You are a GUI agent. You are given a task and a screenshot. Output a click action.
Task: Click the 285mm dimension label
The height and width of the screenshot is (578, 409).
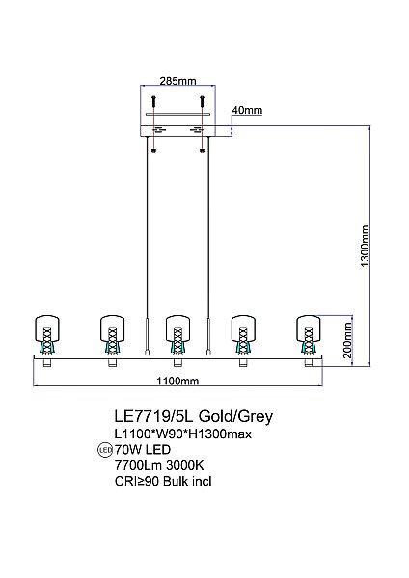pos(177,81)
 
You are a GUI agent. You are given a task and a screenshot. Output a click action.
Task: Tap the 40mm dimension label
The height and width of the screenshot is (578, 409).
pos(247,110)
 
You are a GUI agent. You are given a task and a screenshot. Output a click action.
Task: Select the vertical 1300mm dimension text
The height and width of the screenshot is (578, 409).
pos(365,246)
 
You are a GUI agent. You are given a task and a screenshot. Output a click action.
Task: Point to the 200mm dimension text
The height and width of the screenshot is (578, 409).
pos(347,340)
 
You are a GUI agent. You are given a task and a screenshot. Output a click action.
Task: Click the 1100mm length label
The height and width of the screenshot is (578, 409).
pos(177,381)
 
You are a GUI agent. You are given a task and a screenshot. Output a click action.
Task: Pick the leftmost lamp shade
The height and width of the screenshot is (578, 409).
pos(47,328)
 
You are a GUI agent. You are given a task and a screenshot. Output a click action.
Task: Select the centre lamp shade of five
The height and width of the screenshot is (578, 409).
pos(177,328)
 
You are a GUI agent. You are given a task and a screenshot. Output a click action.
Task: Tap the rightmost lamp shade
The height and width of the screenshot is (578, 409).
pos(309,328)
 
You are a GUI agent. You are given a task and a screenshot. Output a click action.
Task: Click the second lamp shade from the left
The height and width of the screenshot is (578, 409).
pos(113,328)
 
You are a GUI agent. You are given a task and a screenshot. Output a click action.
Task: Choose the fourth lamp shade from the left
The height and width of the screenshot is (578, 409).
pos(243,328)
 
